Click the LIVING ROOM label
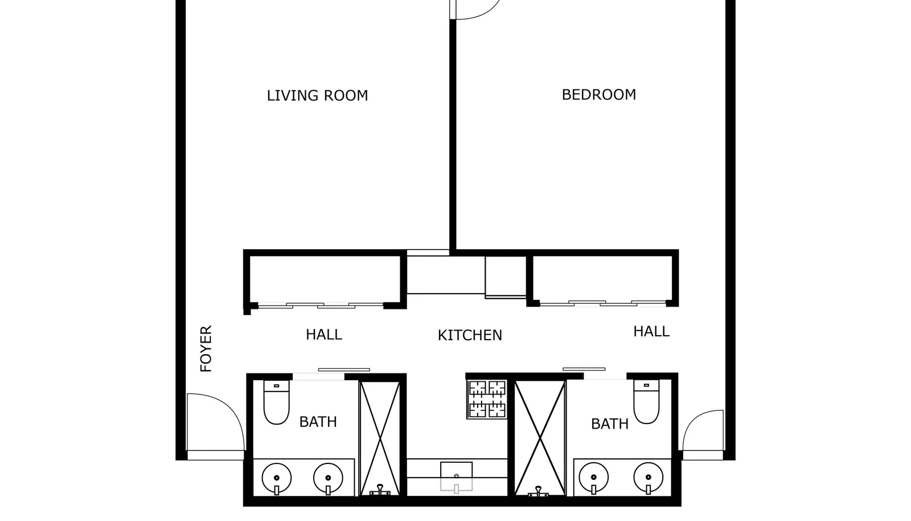pyautogui.click(x=317, y=95)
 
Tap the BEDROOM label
pyautogui.click(x=598, y=95)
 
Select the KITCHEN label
pyautogui.click(x=470, y=335)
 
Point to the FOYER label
pyautogui.click(x=206, y=349)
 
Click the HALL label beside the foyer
pyautogui.click(x=323, y=335)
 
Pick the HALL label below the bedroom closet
pyautogui.click(x=651, y=331)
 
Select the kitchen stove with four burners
pyautogui.click(x=487, y=399)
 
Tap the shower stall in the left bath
pyautogui.click(x=380, y=438)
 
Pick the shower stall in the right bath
pyautogui.click(x=539, y=438)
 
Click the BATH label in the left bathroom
pyautogui.click(x=318, y=422)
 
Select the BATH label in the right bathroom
pyautogui.click(x=609, y=424)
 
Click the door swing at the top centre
pyautogui.click(x=475, y=10)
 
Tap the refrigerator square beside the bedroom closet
pyautogui.click(x=506, y=276)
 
